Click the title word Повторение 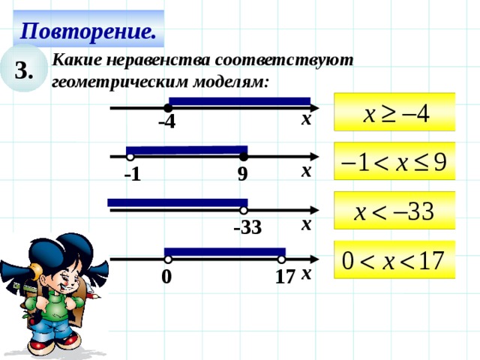(88, 30)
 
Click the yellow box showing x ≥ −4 (395, 115)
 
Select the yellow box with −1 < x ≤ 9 (395, 163)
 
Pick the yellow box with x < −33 (395, 211)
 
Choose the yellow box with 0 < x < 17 (395, 262)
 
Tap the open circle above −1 (130, 157)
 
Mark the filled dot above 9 (244, 157)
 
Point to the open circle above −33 (244, 211)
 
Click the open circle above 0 (169, 260)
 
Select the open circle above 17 (282, 260)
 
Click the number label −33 (247, 227)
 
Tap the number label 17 (284, 277)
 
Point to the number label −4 (166, 122)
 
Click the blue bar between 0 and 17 (225, 251)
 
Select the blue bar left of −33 (177, 202)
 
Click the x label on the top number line (306, 119)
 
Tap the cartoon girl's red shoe (69, 341)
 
